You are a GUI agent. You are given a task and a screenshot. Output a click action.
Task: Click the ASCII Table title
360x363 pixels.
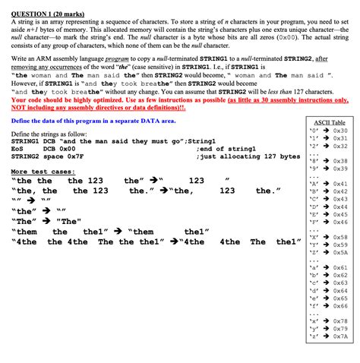329,122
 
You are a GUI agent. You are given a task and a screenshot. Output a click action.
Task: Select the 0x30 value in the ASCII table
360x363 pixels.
339,131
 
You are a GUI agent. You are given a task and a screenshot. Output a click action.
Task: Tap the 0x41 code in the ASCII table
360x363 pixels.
339,184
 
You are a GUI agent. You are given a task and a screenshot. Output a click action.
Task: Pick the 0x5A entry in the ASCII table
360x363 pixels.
339,252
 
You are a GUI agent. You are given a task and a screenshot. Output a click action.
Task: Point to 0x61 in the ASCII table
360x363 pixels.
339,268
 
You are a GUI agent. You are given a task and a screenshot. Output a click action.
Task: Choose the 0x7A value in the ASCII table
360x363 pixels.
339,336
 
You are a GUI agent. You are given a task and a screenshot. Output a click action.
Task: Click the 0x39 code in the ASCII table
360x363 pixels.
339,169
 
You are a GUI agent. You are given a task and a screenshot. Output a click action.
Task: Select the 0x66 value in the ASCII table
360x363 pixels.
339,306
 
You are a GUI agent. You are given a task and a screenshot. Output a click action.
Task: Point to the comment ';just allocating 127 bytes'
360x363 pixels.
248,156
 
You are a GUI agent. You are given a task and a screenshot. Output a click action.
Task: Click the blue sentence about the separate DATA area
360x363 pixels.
93,121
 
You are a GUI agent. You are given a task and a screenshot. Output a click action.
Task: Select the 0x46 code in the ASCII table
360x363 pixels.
339,223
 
